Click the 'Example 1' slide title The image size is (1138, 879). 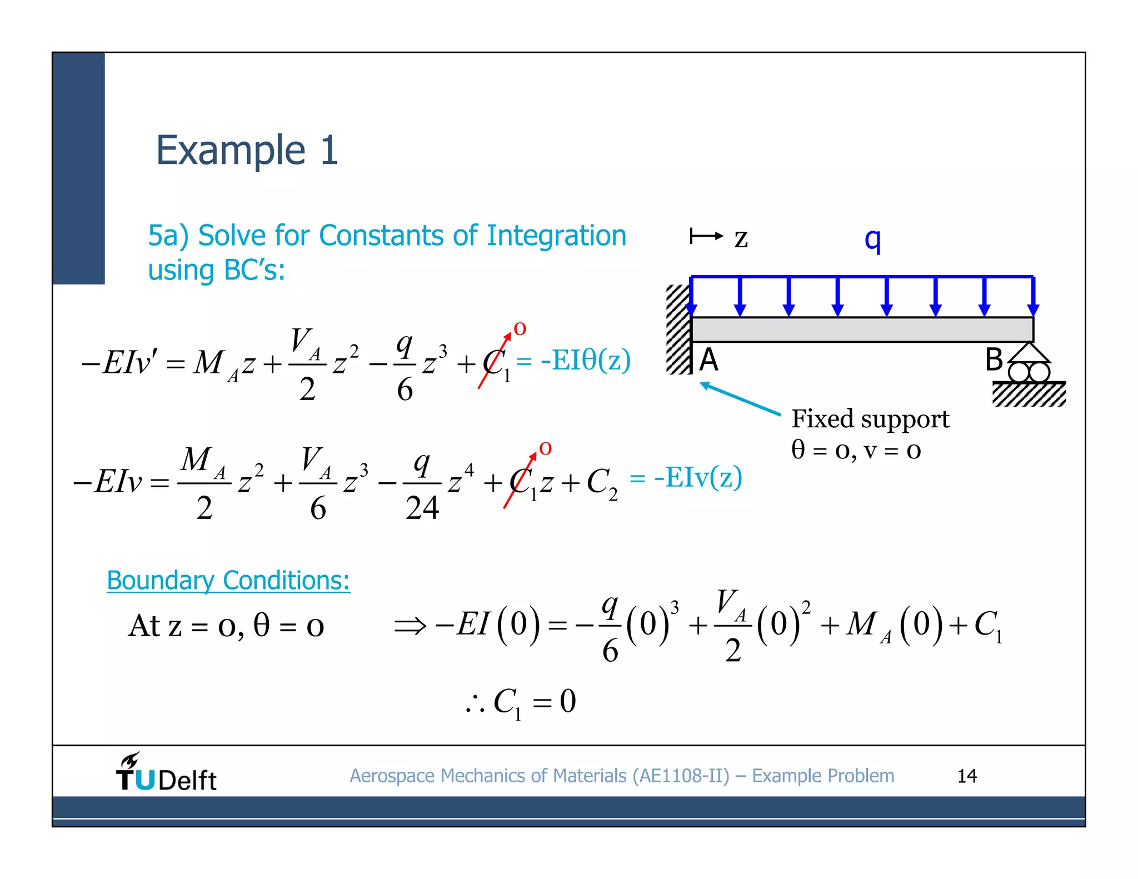pos(247,151)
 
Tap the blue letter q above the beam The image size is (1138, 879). pos(872,239)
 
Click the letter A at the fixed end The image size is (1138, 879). pos(708,360)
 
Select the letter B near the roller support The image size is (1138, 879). pos(994,359)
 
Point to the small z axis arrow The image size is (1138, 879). pos(706,236)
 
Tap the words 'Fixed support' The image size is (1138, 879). pos(870,419)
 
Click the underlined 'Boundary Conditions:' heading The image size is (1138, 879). pos(228,581)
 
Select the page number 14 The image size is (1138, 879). pos(966,776)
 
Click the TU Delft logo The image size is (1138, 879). pos(166,773)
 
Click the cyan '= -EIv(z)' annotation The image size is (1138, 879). pos(686,477)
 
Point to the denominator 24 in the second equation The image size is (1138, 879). pos(422,508)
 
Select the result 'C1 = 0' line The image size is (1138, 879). pos(521,702)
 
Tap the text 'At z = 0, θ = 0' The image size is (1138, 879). pos(226,626)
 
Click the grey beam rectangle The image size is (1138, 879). pos(861,329)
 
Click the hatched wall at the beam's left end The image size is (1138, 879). pos(678,329)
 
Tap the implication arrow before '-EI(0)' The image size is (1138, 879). pos(410,627)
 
